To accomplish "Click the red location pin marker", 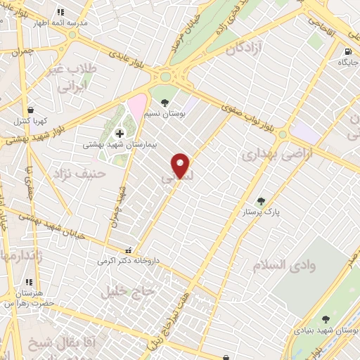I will click(x=181, y=165).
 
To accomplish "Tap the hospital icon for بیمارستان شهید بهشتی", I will click(x=120, y=133).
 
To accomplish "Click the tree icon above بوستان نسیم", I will click(x=165, y=102).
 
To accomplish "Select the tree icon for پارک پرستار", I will click(x=261, y=201).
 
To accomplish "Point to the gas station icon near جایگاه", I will click(x=347, y=51).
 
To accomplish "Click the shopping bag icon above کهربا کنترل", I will click(x=30, y=110).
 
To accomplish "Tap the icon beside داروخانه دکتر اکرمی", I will click(x=128, y=250).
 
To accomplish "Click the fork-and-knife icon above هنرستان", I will click(x=28, y=283).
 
